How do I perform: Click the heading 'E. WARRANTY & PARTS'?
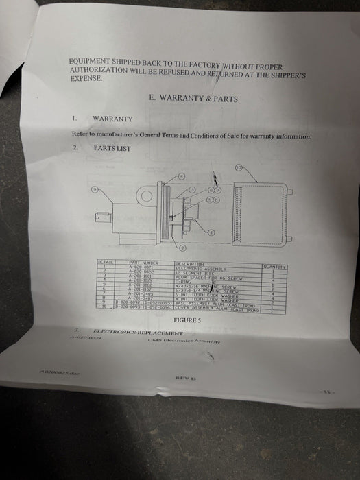pyautogui.click(x=193, y=99)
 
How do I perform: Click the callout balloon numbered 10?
pyautogui.click(x=239, y=167)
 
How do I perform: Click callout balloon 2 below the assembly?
pyautogui.click(x=183, y=247)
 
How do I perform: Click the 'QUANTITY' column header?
pyautogui.click(x=274, y=266)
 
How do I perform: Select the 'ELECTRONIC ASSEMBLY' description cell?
pyautogui.click(x=200, y=268)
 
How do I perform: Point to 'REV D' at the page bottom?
pyautogui.click(x=186, y=378)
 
